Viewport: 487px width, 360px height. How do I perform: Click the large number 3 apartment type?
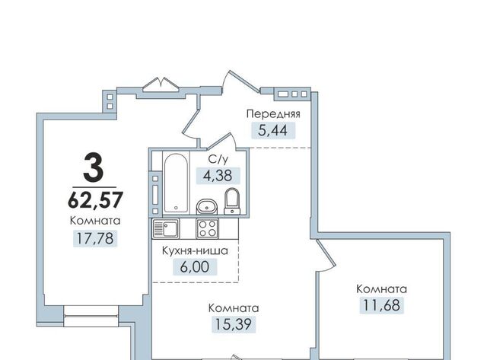(93, 167)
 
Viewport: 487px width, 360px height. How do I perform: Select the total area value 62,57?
(95, 199)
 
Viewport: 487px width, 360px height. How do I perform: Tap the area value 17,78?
(95, 238)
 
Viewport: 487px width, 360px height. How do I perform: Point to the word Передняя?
(273, 114)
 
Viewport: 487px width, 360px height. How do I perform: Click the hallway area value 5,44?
(273, 130)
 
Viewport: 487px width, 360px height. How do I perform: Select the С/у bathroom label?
(218, 160)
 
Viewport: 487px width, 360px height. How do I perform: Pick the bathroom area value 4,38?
(218, 176)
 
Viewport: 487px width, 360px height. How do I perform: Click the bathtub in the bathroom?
(176, 183)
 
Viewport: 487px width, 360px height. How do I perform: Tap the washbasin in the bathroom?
(206, 206)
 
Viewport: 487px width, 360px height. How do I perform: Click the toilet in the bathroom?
(232, 201)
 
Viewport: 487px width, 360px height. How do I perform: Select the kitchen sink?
(166, 228)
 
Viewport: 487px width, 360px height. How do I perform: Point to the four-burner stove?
(207, 228)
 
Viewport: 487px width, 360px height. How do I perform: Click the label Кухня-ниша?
(195, 251)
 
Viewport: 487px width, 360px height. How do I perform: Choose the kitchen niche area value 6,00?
(195, 267)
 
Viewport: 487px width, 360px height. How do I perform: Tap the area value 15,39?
(234, 324)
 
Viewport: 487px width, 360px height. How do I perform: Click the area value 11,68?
(382, 305)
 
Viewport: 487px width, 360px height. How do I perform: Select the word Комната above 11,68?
(381, 289)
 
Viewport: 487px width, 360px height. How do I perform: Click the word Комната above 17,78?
(95, 221)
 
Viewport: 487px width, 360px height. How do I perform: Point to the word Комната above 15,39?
(234, 308)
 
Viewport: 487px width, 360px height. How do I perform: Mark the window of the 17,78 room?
(91, 316)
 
